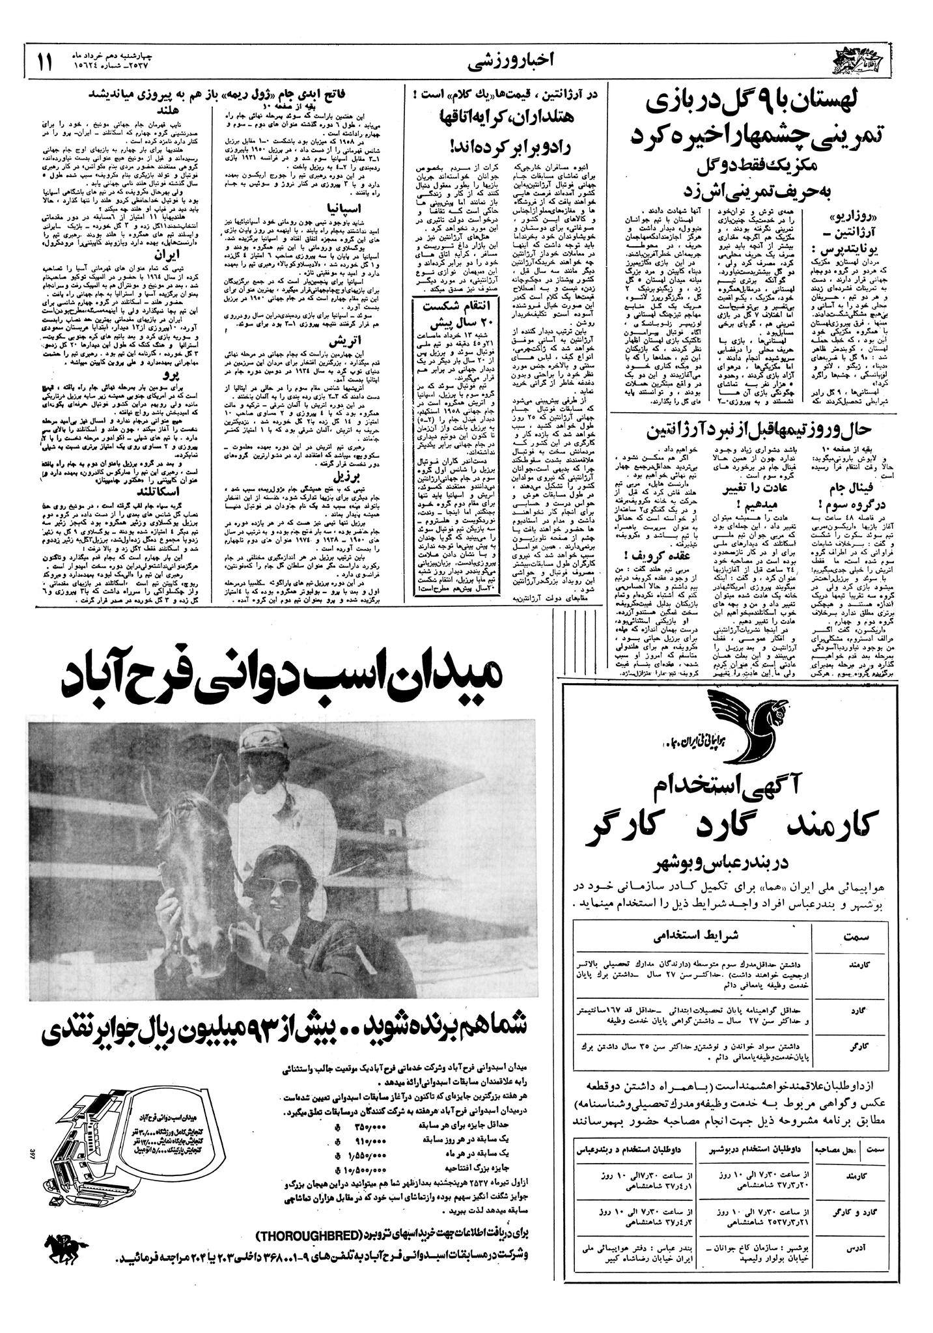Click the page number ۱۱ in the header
[x=43, y=64]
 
